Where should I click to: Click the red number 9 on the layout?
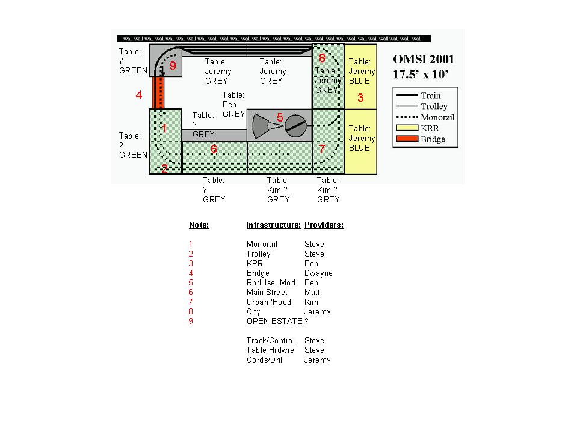coord(173,66)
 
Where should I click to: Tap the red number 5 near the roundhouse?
coord(280,117)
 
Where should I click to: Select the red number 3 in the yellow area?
coord(360,98)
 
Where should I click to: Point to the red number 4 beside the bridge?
coord(139,95)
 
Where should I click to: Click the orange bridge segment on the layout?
coord(156,92)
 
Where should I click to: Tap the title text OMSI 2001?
coord(424,60)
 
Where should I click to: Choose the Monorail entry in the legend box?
coord(437,117)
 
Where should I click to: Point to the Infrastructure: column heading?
coord(273,225)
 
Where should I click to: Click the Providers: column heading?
coord(324,225)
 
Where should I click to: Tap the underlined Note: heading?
coord(199,225)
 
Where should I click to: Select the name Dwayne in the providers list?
coord(318,273)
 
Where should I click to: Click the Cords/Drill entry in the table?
coord(265,360)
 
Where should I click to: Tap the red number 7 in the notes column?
coord(191,302)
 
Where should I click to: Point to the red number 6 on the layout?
coord(214,149)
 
